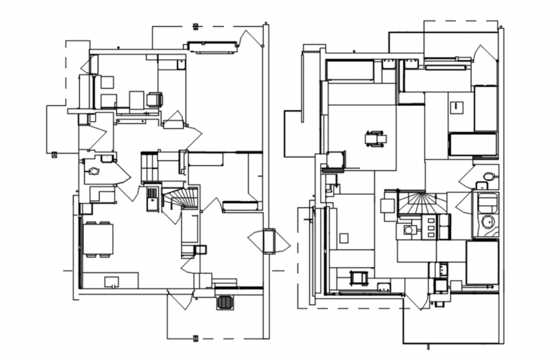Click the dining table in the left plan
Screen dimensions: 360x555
(98, 239)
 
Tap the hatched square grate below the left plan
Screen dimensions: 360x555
(225, 302)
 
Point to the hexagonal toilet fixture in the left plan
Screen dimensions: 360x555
(94, 170)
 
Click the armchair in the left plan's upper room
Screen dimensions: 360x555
(155, 100)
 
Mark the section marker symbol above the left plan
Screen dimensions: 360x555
(196, 26)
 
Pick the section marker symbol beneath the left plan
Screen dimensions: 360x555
(196, 338)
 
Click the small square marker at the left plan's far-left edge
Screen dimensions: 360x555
(55, 153)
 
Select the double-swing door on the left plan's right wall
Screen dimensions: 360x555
(269, 241)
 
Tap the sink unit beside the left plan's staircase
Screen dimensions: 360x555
(152, 197)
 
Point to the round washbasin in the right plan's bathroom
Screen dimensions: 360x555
(488, 221)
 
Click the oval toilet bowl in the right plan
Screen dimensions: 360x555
(489, 176)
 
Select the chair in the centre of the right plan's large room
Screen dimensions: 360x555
(376, 138)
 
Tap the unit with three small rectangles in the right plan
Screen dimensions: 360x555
(431, 227)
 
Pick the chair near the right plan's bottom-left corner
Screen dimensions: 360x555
(359, 278)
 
